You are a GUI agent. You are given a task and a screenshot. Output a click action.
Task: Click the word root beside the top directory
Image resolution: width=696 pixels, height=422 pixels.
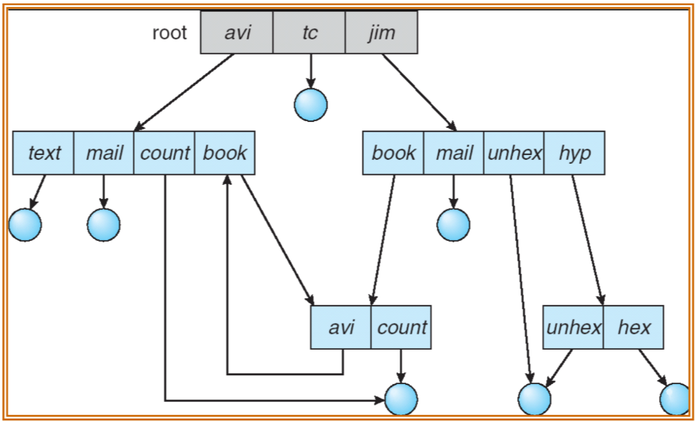pos(169,33)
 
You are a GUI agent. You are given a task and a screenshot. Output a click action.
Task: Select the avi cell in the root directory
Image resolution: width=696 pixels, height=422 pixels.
pos(237,32)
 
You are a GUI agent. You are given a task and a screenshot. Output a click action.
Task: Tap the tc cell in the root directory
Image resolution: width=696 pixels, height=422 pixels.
pos(309,32)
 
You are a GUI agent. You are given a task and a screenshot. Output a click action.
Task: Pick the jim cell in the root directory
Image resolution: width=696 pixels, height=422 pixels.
pos(382,32)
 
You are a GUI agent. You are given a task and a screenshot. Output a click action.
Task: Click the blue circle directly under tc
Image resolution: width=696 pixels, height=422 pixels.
pos(310,105)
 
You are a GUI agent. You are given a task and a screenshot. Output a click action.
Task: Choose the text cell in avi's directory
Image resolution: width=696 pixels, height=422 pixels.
pos(44,153)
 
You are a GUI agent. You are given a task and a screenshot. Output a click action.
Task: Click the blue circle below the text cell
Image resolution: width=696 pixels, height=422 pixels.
pos(25,224)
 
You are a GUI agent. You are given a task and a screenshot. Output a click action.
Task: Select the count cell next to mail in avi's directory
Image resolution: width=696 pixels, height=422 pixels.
pos(164,153)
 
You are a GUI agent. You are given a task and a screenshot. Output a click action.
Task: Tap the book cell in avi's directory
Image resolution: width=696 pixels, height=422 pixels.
pos(225,153)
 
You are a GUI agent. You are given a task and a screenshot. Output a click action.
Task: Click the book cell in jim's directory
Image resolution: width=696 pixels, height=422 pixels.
pos(393,153)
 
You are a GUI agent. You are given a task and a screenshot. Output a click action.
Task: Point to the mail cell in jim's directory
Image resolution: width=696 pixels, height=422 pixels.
pos(454,153)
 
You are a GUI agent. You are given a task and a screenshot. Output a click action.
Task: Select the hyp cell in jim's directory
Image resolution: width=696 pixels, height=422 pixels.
pos(574,153)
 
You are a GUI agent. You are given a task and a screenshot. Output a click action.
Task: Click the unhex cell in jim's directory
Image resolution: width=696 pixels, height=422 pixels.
pos(514,153)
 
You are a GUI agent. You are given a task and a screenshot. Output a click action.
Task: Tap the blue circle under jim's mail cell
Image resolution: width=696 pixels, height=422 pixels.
pos(453,224)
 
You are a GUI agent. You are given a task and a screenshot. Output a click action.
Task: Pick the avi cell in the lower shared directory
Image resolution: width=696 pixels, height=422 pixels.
pos(341,328)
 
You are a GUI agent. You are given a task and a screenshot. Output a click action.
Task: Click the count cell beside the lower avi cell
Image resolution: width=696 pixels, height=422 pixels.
pos(402,328)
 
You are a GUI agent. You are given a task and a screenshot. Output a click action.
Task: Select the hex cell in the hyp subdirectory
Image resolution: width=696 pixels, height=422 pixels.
pos(633,328)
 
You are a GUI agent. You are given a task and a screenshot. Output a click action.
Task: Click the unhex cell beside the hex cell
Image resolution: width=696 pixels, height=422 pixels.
pos(574,328)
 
